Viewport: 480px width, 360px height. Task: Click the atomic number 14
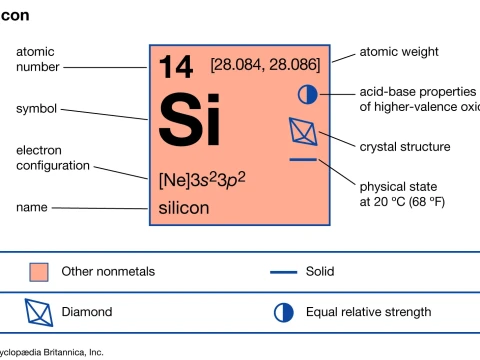(x=176, y=68)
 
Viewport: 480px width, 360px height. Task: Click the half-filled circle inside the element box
(x=307, y=94)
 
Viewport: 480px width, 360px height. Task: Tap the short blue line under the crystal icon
(x=302, y=159)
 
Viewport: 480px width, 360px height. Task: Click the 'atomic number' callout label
(x=37, y=59)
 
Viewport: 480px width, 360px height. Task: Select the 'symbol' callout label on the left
(x=36, y=108)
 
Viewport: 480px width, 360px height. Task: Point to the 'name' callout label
(x=32, y=207)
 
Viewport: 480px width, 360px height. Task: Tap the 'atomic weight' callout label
(x=399, y=52)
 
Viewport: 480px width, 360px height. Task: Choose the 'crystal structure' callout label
(x=404, y=146)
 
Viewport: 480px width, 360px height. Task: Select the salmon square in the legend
(x=39, y=271)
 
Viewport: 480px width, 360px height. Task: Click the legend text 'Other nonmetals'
(x=108, y=271)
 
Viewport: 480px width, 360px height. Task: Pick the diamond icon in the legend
(x=39, y=312)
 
